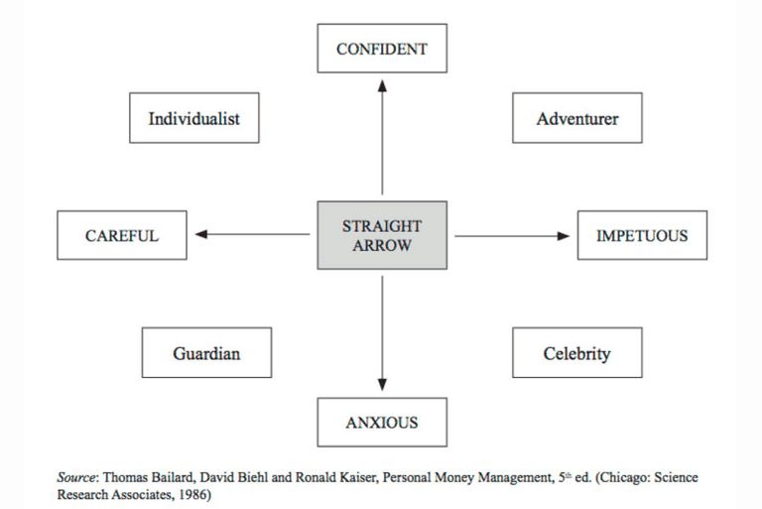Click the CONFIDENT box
coord(382,49)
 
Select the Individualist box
coord(193,118)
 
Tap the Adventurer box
coord(576,118)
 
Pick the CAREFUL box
coord(121,235)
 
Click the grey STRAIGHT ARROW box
coord(382,235)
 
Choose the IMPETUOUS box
coord(642,235)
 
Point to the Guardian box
coord(206,352)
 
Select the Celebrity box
coord(576,352)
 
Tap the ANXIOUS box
coord(382,422)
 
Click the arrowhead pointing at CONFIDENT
coord(382,86)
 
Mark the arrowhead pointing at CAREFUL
coord(201,234)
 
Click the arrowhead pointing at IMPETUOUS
coord(564,236)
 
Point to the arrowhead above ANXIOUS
coord(382,385)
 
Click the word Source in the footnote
coord(75,477)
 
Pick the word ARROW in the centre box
coord(382,245)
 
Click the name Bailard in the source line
coord(173,477)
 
